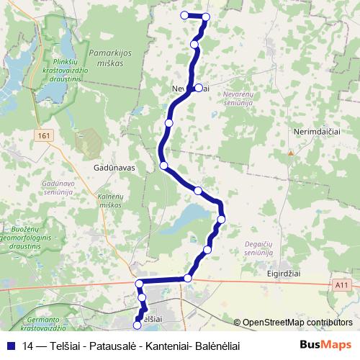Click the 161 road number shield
click(45, 135)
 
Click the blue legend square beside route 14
click(11, 345)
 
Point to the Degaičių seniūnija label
click(258, 248)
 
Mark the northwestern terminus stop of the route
click(184, 15)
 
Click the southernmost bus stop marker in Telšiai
click(138, 325)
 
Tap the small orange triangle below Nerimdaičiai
click(290, 153)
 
